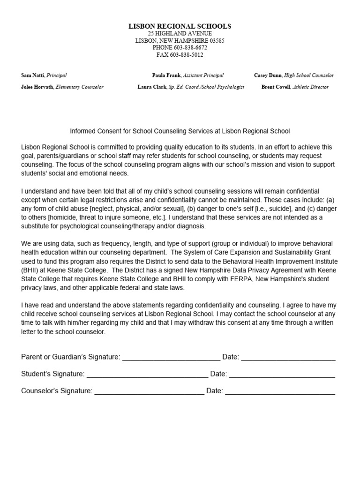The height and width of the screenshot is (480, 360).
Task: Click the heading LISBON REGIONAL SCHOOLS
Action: tap(180, 27)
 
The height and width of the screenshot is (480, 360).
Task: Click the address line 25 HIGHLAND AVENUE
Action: tap(180, 34)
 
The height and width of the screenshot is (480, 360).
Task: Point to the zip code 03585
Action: tap(217, 41)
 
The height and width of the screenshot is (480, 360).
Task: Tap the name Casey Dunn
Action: tap(268, 75)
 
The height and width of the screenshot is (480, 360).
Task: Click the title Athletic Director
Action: tap(310, 87)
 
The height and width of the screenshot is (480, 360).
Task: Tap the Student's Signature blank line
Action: tap(147, 375)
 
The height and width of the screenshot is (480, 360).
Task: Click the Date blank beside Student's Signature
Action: tap(282, 375)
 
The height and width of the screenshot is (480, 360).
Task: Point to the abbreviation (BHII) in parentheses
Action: tap(31, 270)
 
